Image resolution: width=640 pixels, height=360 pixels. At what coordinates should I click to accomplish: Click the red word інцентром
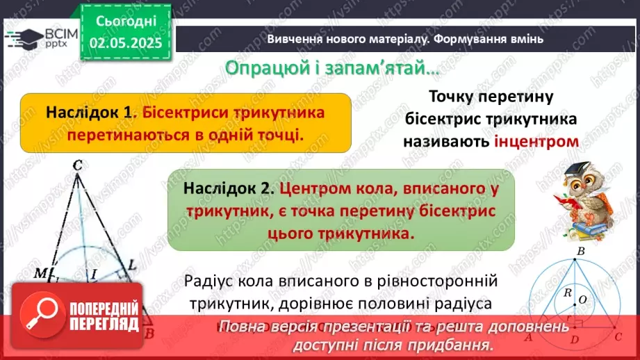click(x=536, y=140)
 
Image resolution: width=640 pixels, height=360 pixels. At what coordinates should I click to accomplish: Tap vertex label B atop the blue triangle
click(x=581, y=251)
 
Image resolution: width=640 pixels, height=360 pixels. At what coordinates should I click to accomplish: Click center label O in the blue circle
click(x=583, y=300)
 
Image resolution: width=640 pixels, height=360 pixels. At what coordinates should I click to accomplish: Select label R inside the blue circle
click(x=567, y=293)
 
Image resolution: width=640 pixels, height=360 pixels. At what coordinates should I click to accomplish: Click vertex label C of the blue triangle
click(x=618, y=336)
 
